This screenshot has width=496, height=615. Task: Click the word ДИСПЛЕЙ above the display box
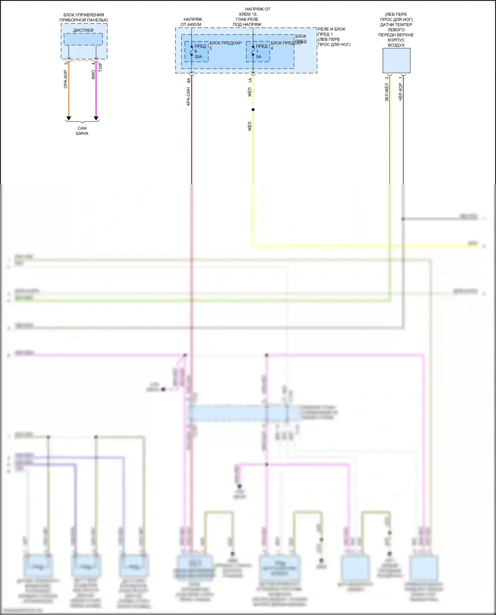83,30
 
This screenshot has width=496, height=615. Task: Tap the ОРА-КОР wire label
65,79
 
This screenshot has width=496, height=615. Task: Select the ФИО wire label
93,74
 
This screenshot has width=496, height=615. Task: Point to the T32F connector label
100,67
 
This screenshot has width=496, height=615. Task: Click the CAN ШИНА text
82,131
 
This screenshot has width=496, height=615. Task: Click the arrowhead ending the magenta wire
96,118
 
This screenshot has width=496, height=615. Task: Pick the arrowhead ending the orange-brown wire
69,118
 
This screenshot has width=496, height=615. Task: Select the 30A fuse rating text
198,57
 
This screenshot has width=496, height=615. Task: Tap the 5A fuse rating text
259,57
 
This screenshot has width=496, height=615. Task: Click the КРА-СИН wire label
188,96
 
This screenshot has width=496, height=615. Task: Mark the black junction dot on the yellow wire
253,110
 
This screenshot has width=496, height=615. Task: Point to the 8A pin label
188,80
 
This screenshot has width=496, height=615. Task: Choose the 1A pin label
250,80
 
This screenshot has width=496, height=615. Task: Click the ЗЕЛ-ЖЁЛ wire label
387,92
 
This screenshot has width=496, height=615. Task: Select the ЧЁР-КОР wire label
400,92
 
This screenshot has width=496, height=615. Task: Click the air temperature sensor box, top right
396,61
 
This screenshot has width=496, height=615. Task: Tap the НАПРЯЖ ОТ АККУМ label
191,22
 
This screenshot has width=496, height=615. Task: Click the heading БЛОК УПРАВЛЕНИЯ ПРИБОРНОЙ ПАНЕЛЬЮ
84,18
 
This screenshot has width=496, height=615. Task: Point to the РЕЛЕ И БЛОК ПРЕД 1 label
332,32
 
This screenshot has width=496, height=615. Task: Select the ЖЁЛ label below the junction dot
250,126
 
